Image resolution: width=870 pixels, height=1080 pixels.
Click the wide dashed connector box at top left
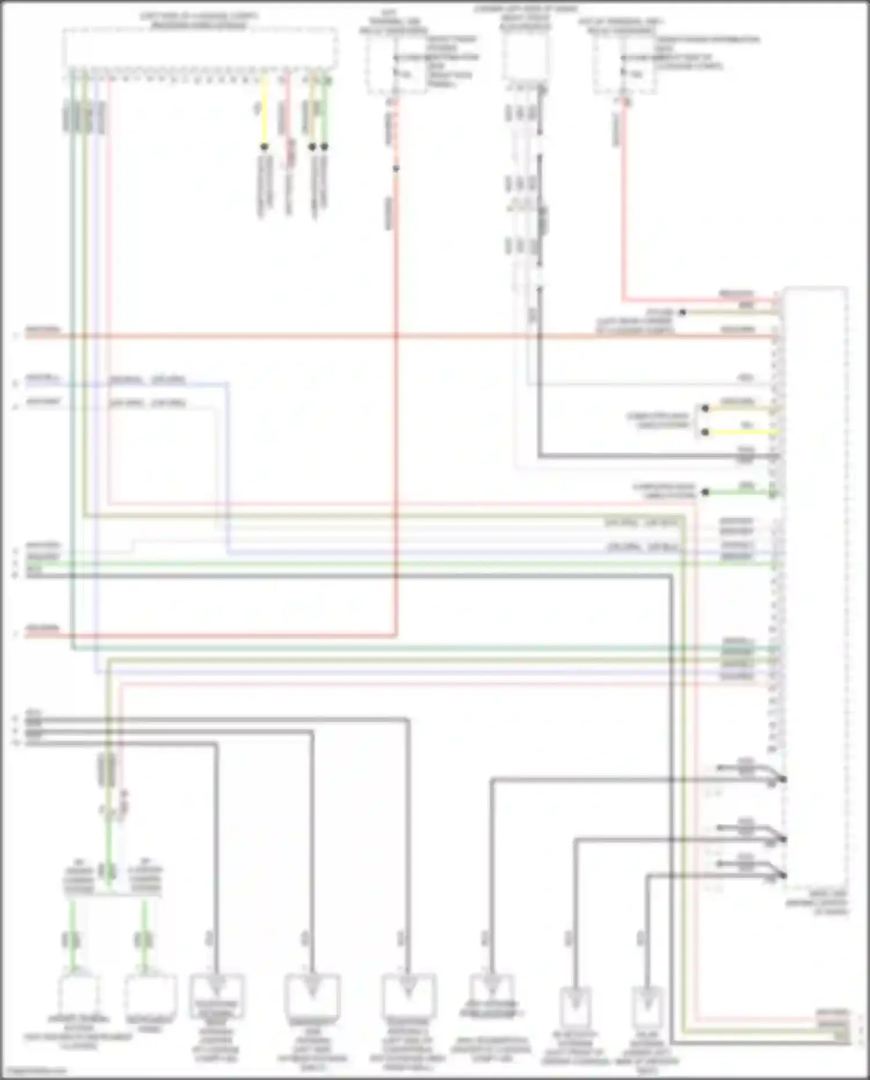pyautogui.click(x=200, y=46)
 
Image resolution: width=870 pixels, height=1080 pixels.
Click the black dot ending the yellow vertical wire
pyautogui.click(x=264, y=147)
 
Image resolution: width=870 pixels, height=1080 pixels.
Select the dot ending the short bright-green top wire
pyautogui.click(x=325, y=147)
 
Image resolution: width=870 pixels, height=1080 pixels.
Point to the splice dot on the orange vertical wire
pyautogui.click(x=396, y=169)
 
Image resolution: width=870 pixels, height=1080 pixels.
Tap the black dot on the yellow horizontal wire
pyautogui.click(x=705, y=432)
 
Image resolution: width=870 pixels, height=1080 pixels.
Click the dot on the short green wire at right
pyautogui.click(x=705, y=492)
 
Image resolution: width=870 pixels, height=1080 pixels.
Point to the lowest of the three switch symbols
pyautogui.click(x=751, y=870)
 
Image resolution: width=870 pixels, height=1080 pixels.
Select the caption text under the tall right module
pyautogui.click(x=817, y=903)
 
